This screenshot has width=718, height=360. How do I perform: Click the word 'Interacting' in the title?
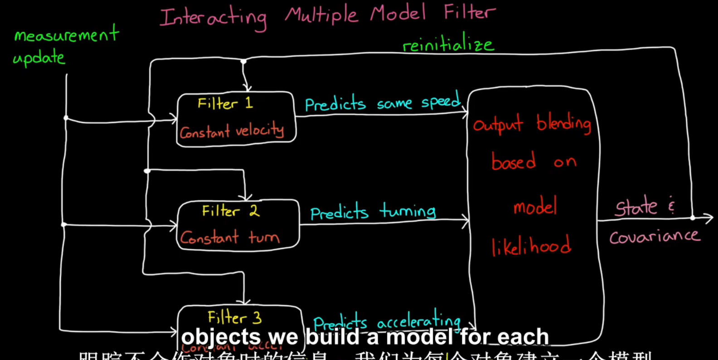tap(213, 18)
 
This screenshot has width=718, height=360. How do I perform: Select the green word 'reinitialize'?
tap(448, 44)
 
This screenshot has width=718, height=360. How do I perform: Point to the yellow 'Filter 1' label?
tap(225, 103)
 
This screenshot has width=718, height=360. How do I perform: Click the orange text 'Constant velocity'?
tap(232, 131)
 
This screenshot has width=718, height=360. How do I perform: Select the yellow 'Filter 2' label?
tap(230, 211)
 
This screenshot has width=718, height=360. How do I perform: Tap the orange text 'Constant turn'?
tap(229, 237)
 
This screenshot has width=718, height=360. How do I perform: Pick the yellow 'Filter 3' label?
tap(234, 317)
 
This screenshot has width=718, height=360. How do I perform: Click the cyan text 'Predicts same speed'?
tap(383, 102)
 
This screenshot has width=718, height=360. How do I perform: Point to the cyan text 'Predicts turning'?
tap(373, 212)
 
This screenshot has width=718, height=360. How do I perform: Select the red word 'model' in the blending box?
tap(535, 207)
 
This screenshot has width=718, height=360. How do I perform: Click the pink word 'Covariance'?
tap(654, 236)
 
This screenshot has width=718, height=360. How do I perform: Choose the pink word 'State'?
tap(636, 207)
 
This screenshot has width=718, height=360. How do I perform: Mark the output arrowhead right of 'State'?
tap(709, 218)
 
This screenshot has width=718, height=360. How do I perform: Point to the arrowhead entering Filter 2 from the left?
tap(174, 225)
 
